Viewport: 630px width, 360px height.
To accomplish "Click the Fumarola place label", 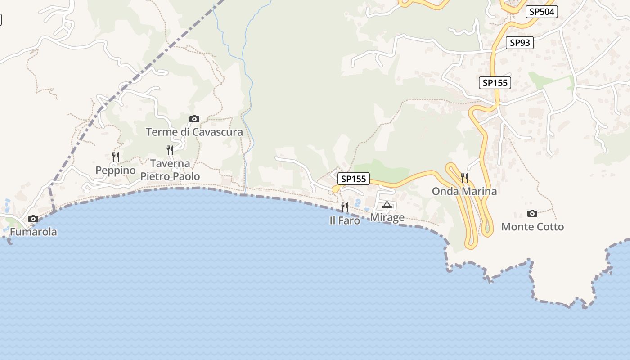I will tap(33, 232).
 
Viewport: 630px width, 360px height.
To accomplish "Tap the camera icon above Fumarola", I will tap(33, 219).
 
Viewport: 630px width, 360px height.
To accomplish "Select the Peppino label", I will tap(116, 171).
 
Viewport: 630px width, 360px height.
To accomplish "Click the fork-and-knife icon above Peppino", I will tap(116, 157).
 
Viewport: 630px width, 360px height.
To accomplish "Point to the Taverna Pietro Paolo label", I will tap(170, 170).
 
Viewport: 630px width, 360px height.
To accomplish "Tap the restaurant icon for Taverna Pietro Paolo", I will tap(170, 150).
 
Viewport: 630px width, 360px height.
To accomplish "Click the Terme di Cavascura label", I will tap(194, 132).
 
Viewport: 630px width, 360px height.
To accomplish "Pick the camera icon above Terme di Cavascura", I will tap(194, 119).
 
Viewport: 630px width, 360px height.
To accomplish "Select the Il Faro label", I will tap(345, 220).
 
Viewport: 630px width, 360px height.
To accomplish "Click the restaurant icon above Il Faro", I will tap(345, 207).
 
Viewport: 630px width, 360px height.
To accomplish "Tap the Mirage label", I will tap(387, 218).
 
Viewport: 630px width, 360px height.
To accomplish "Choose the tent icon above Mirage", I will tap(387, 205).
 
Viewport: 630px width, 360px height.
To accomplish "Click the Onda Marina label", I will tap(464, 191).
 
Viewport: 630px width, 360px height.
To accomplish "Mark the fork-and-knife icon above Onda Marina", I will tap(464, 178).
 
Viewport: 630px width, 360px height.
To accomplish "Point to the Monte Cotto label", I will tap(532, 227).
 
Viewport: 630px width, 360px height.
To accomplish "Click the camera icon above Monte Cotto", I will tap(532, 213).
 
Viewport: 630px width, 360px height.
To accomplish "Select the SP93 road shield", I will tap(520, 43).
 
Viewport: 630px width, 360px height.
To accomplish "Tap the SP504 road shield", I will tap(542, 12).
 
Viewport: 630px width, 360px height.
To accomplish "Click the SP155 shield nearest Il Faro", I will tap(354, 179).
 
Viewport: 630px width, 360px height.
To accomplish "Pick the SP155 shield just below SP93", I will tap(495, 83).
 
